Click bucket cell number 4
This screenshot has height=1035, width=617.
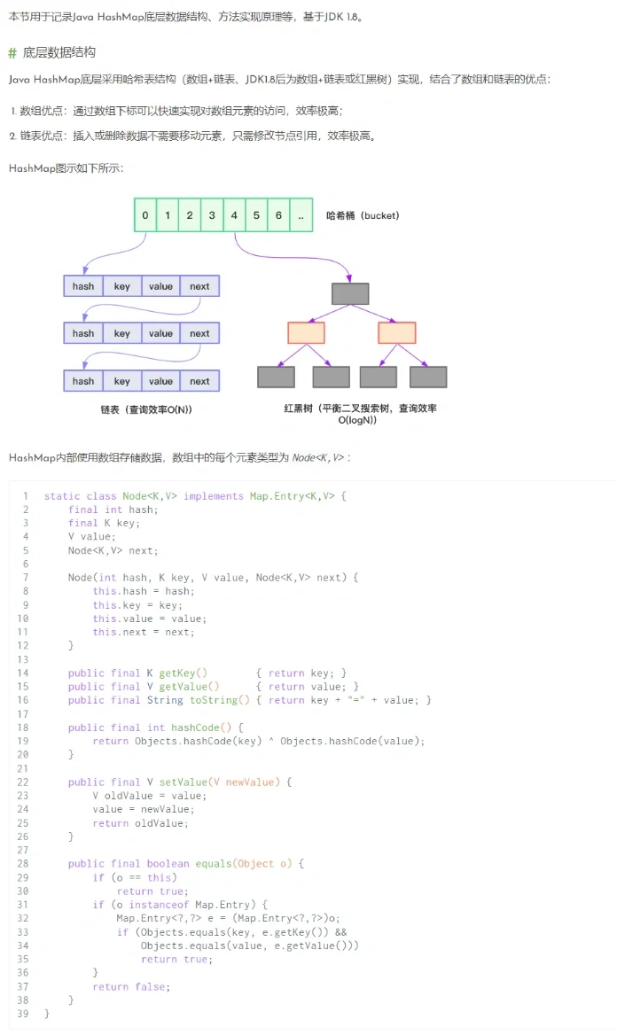pyautogui.click(x=234, y=215)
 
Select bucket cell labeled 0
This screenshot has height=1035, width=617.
pyautogui.click(x=145, y=215)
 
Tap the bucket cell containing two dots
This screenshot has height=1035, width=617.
pyautogui.click(x=301, y=215)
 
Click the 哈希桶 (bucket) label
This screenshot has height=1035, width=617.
pyautogui.click(x=363, y=215)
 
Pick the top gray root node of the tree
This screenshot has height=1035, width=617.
pyautogui.click(x=350, y=293)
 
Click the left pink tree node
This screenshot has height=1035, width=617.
pyautogui.click(x=306, y=333)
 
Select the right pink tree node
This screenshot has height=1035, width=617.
pyautogui.click(x=396, y=333)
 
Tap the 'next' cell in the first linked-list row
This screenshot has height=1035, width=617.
pyautogui.click(x=199, y=286)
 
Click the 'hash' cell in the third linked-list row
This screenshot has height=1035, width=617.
pyautogui.click(x=83, y=381)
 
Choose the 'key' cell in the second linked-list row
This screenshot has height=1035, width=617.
pyautogui.click(x=121, y=333)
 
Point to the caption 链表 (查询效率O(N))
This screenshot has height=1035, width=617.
pyautogui.click(x=146, y=409)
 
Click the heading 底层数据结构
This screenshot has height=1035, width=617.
pyautogui.click(x=59, y=52)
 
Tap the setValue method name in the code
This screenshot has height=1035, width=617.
pyautogui.click(x=184, y=782)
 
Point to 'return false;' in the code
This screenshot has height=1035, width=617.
pyautogui.click(x=131, y=986)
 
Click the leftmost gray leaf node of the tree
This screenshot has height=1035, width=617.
pyautogui.click(x=276, y=377)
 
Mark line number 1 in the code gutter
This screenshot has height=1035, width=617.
pyautogui.click(x=26, y=496)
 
